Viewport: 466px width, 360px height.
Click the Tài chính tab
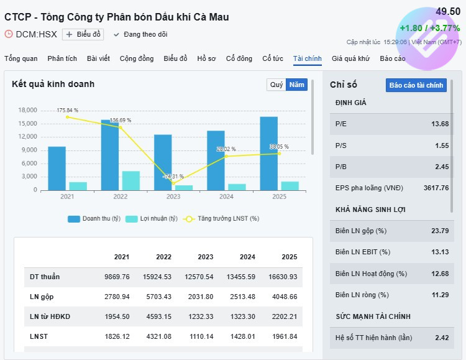(308, 58)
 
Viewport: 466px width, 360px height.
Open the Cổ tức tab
(273, 58)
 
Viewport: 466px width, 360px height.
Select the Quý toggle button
(276, 85)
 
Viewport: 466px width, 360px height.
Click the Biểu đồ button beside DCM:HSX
(83, 34)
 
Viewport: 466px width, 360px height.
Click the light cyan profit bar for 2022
(130, 180)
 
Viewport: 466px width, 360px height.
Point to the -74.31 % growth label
(173, 177)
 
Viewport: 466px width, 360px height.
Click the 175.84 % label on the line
(67, 110)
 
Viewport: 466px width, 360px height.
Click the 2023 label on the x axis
(173, 196)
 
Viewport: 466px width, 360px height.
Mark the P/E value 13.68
(440, 124)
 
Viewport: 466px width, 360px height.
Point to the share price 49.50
(447, 12)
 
